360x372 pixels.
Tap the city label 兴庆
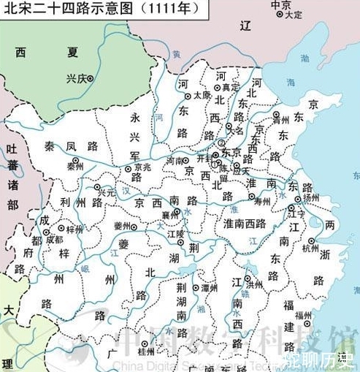pos(76,79)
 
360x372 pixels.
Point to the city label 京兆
pos(142,167)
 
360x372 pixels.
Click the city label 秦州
pos(74,167)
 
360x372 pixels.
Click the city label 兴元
pos(107,192)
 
